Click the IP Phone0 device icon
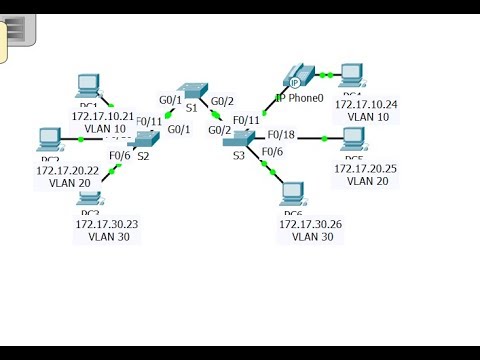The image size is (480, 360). click(294, 76)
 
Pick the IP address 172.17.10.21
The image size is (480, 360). click(103, 116)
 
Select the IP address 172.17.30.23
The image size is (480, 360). click(107, 224)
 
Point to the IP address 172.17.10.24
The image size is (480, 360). click(366, 104)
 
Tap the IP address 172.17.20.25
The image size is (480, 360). click(364, 168)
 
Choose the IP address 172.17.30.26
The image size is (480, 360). click(310, 224)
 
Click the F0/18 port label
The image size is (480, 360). click(281, 134)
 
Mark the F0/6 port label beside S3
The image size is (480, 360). click(273, 151)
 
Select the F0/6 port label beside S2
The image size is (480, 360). click(120, 155)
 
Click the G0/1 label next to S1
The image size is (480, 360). click(171, 100)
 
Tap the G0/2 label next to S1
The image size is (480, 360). click(222, 100)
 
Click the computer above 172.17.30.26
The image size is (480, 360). click(293, 194)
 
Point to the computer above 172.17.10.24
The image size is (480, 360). click(351, 75)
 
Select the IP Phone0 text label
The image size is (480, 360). click(300, 98)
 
